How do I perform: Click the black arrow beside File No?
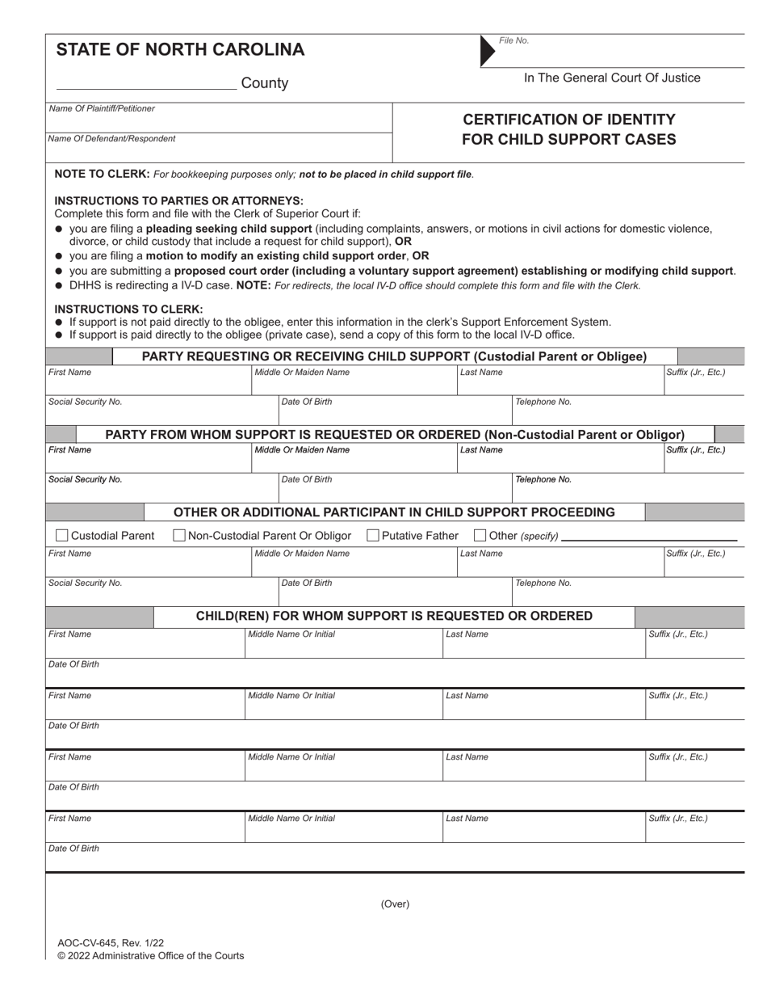pos(487,50)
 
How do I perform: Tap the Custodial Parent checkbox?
pos(62,535)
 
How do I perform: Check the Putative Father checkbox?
pos(373,535)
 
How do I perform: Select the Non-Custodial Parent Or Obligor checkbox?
pos(180,535)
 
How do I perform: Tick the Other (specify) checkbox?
pos(480,535)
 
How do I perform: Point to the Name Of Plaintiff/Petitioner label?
pos(102,108)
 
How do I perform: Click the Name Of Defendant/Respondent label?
pos(111,139)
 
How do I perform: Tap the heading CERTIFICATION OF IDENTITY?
pos(568,120)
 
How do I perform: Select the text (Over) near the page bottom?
pos(395,904)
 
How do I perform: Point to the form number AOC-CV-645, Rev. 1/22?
pos(111,943)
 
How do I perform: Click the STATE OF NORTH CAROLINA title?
pos(180,50)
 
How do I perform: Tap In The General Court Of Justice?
pos(612,78)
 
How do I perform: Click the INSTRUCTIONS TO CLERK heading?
pos(128,309)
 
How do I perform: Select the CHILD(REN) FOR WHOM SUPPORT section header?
pos(394,617)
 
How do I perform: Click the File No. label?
pos(513,40)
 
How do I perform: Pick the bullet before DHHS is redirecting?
pos(59,285)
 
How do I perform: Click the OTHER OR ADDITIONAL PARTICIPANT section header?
pos(394,512)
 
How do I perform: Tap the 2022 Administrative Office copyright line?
pos(150,956)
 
